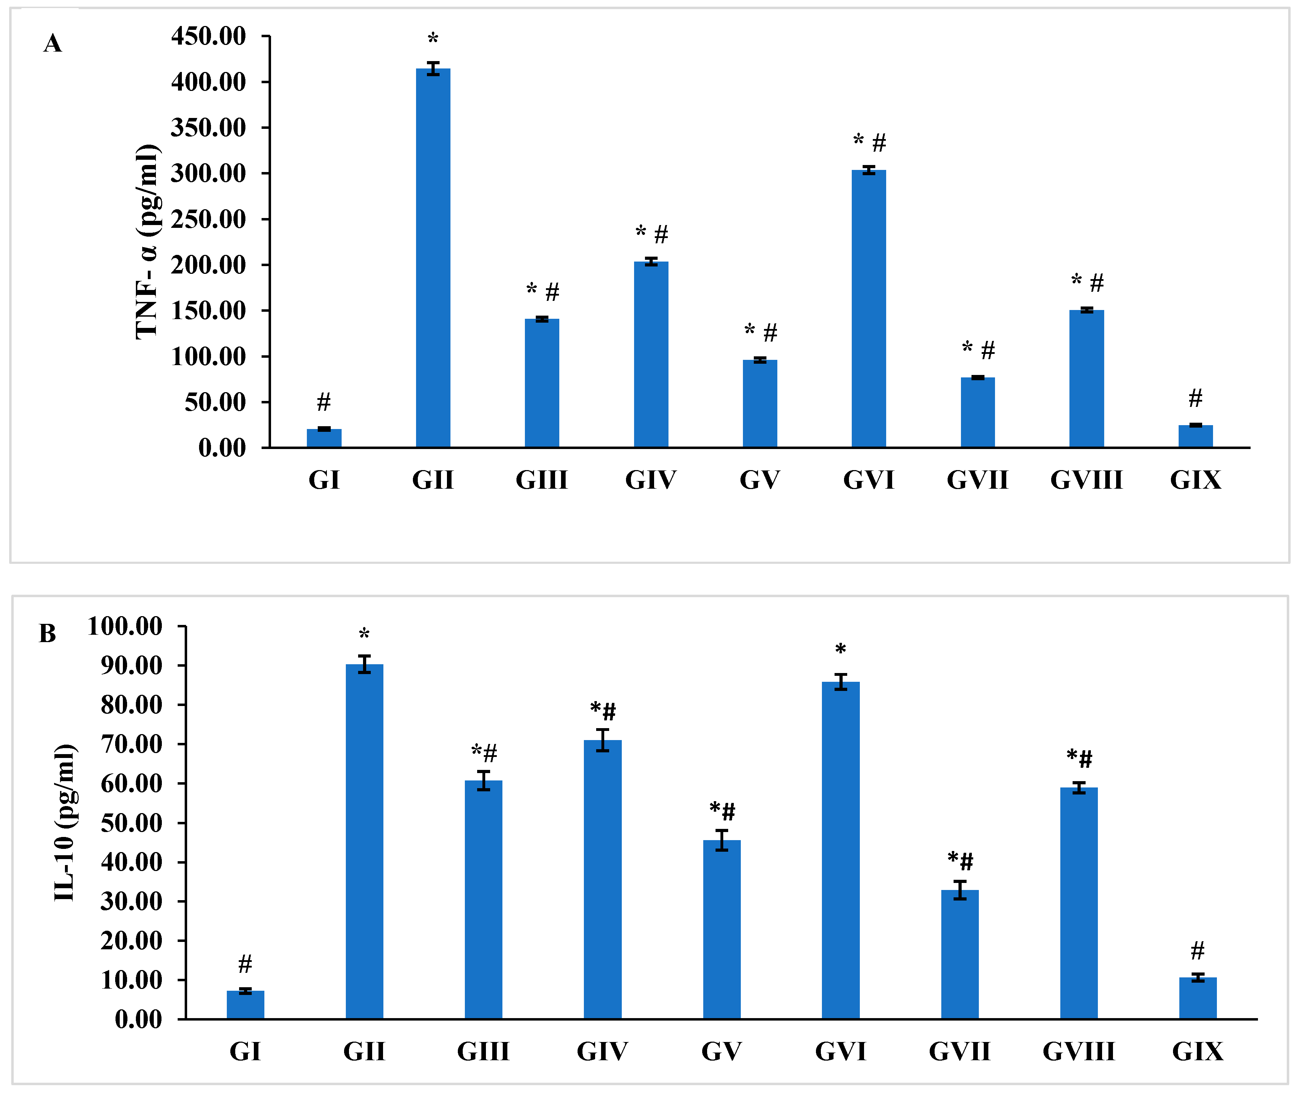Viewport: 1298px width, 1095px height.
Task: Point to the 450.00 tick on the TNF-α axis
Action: click(x=209, y=36)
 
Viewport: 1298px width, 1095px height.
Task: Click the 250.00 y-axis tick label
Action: click(x=209, y=219)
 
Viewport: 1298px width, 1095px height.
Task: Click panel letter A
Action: click(x=53, y=44)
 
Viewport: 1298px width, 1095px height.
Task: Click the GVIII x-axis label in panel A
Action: click(x=1086, y=480)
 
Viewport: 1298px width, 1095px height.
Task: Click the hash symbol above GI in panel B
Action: click(x=245, y=964)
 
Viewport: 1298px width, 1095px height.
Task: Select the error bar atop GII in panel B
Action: click(x=364, y=664)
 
